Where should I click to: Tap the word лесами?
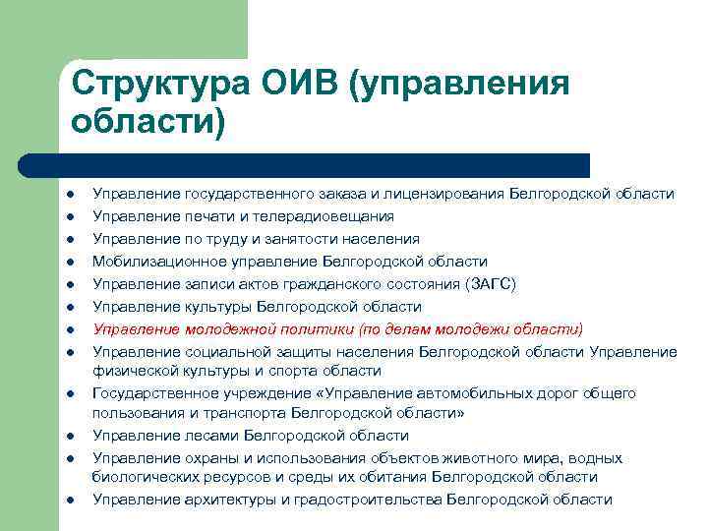[x=209, y=436]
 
